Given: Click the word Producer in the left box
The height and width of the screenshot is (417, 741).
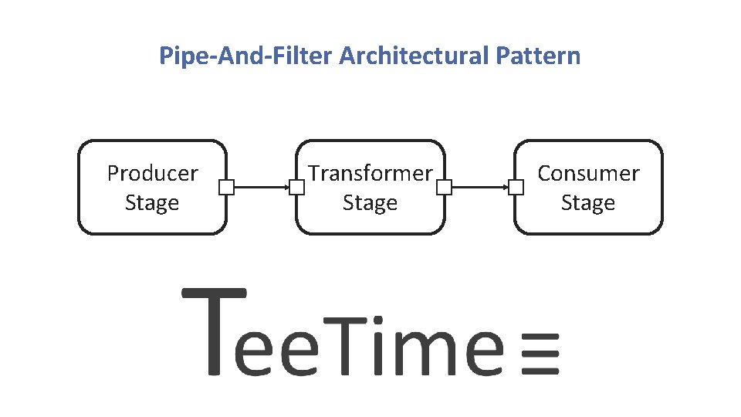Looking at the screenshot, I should [152, 173].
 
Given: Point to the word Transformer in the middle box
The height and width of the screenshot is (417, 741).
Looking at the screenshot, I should [370, 173].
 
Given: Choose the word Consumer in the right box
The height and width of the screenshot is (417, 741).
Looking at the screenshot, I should [588, 173].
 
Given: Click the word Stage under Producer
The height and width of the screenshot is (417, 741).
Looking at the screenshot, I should [152, 203].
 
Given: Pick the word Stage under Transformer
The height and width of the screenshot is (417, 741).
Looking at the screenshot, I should [370, 203].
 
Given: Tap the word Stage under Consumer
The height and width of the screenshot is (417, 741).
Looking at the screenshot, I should [588, 203].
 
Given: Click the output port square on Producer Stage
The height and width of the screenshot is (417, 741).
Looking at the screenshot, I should [225, 187].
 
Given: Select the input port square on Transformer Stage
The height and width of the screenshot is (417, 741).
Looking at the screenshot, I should [297, 187].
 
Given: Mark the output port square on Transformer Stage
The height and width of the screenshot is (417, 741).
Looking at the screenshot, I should [444, 187].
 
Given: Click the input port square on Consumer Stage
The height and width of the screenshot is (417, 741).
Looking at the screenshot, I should [516, 187].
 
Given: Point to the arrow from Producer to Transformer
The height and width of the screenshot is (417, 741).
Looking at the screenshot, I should [261, 187].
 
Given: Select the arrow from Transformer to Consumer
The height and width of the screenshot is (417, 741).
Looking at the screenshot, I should [479, 187].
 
